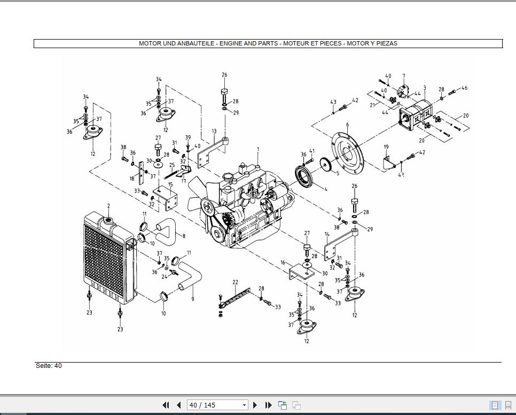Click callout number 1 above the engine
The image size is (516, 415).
coord(257,150)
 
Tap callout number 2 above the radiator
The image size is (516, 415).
coord(108,206)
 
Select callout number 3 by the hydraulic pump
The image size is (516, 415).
coord(424,88)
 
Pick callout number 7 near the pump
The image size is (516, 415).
coord(403,76)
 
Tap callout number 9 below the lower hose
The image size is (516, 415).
coord(192,299)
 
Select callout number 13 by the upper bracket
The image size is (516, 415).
coord(214,131)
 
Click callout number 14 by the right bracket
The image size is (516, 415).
coord(327,234)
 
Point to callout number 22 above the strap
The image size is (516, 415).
coord(235,282)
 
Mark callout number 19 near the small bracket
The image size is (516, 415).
coord(386,147)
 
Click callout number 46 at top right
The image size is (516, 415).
coord(464,88)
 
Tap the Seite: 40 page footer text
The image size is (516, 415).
coord(49,366)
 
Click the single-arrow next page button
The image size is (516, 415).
coord(255,405)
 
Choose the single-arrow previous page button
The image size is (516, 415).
coord(179,405)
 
